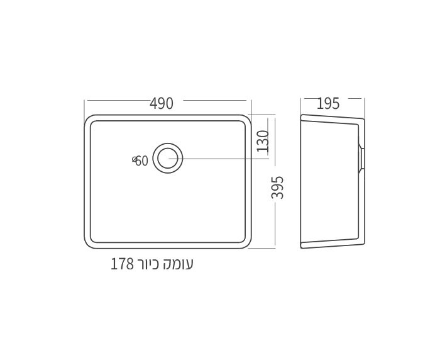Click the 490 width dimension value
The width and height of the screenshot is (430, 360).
[x=162, y=104]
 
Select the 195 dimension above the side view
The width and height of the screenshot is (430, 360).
[x=328, y=104]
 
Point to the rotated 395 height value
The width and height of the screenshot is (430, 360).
[x=278, y=188]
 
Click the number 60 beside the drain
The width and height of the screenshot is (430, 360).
[x=143, y=161]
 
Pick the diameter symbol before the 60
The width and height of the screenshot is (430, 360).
[x=135, y=160]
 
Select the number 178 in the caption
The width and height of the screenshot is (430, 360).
[x=123, y=264]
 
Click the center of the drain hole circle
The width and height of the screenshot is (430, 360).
[x=167, y=158]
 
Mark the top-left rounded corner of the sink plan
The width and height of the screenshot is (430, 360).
[x=89, y=119]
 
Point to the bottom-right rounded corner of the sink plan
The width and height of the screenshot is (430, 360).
[x=247, y=244]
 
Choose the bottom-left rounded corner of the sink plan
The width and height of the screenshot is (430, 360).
[x=89, y=244]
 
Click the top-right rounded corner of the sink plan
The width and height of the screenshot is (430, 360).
[x=247, y=119]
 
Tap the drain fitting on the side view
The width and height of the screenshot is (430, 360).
[x=361, y=158]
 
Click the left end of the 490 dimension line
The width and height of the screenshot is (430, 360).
[x=85, y=100]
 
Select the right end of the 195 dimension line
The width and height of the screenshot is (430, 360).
[x=364, y=98]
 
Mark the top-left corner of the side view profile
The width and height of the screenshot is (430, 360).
[x=302, y=116]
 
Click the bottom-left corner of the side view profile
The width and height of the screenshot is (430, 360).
[x=302, y=247]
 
